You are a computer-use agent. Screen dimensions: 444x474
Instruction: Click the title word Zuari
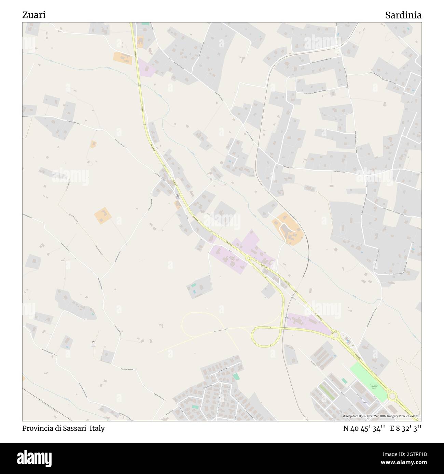34,15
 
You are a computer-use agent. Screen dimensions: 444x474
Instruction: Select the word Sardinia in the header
403,15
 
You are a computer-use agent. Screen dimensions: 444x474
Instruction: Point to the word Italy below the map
97,428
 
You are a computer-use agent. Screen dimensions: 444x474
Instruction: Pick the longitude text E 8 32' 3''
406,429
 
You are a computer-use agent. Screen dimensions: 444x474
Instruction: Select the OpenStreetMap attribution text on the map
382,416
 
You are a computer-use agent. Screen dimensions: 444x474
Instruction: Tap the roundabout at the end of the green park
392,396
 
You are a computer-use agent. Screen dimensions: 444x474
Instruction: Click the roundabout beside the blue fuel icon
336,336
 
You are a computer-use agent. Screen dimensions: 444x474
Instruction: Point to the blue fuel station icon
348,341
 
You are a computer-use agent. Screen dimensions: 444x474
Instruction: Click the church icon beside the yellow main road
178,196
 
